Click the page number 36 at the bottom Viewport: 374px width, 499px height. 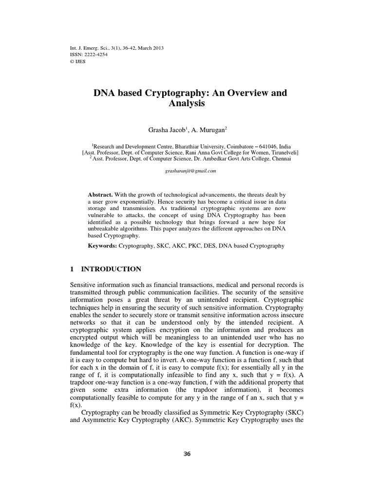[187, 454]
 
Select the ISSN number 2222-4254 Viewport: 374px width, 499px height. [95, 55]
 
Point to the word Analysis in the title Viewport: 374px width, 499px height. [187, 104]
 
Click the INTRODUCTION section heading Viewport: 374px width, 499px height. [111, 269]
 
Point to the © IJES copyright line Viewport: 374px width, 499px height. [78, 61]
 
